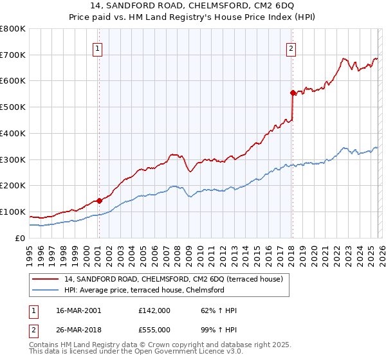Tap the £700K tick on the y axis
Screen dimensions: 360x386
pyautogui.click(x=13, y=55)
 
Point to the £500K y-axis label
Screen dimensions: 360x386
pyautogui.click(x=13, y=107)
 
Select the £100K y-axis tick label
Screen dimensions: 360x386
pyautogui.click(x=13, y=212)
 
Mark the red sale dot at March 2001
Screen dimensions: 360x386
pyautogui.click(x=100, y=201)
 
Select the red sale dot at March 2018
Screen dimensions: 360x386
pyautogui.click(x=293, y=93)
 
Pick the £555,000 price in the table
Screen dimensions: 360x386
pyautogui.click(x=154, y=329)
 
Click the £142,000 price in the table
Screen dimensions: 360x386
pyautogui.click(x=154, y=310)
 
